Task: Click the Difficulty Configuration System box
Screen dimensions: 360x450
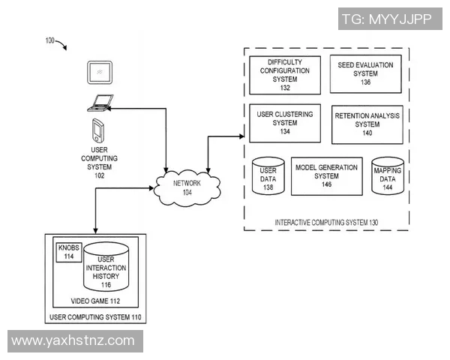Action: tap(284, 74)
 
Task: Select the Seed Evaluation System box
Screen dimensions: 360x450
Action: tap(365, 73)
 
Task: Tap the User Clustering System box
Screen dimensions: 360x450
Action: tap(284, 123)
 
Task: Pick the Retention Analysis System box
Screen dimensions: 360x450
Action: tap(367, 124)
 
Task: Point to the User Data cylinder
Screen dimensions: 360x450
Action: tap(268, 176)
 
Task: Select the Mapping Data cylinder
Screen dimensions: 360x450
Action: tap(387, 176)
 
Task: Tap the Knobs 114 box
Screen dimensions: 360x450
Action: tap(67, 252)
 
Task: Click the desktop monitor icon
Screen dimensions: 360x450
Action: tap(98, 72)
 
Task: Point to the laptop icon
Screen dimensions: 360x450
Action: tap(100, 103)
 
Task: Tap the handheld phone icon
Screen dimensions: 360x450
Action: tap(97, 130)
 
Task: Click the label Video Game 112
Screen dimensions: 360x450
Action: tap(95, 301)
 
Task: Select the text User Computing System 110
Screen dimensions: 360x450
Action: tap(95, 317)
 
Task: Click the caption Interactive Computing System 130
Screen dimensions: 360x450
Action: tap(326, 223)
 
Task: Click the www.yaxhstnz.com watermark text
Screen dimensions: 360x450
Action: tap(73, 341)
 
